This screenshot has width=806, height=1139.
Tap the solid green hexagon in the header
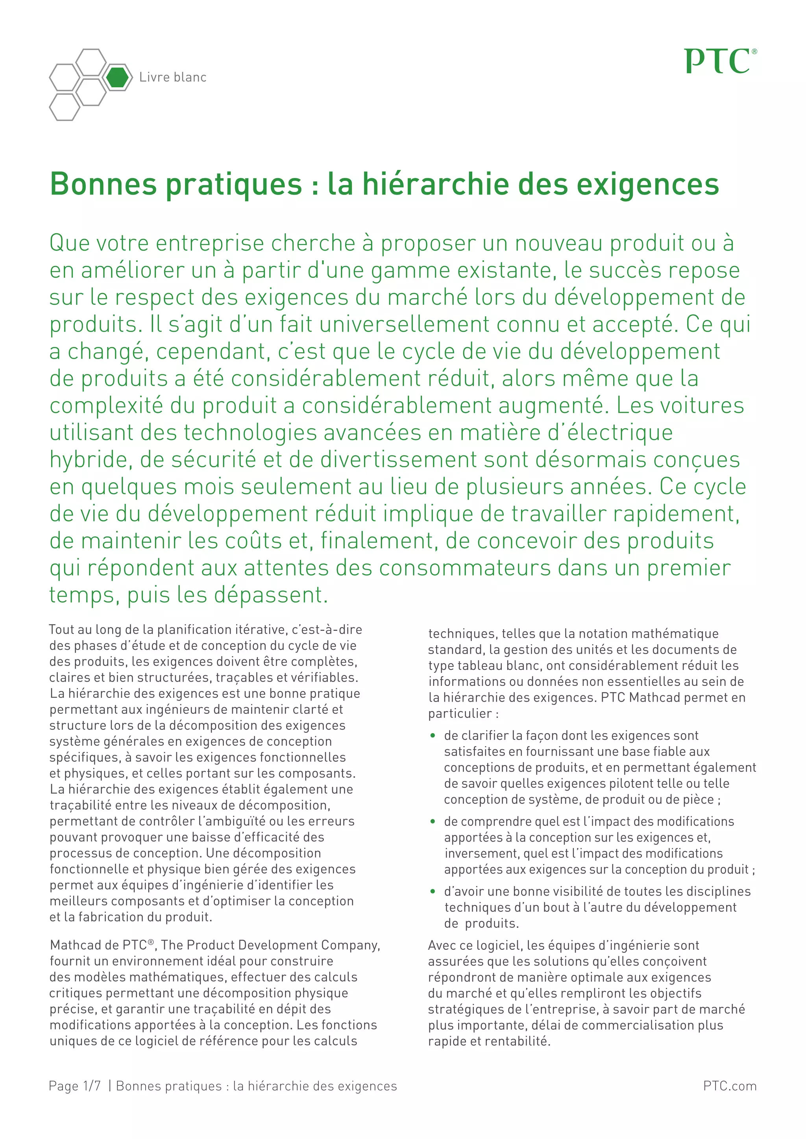click(x=117, y=77)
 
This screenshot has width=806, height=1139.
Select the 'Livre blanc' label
click(x=173, y=77)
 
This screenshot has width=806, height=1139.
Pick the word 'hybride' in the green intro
click(x=91, y=460)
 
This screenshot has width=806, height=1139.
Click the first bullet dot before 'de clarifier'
click(x=433, y=736)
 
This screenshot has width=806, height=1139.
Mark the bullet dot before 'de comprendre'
click(x=433, y=822)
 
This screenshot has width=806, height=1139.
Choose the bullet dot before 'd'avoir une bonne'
click(x=433, y=892)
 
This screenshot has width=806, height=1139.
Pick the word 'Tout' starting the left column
click(x=61, y=630)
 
